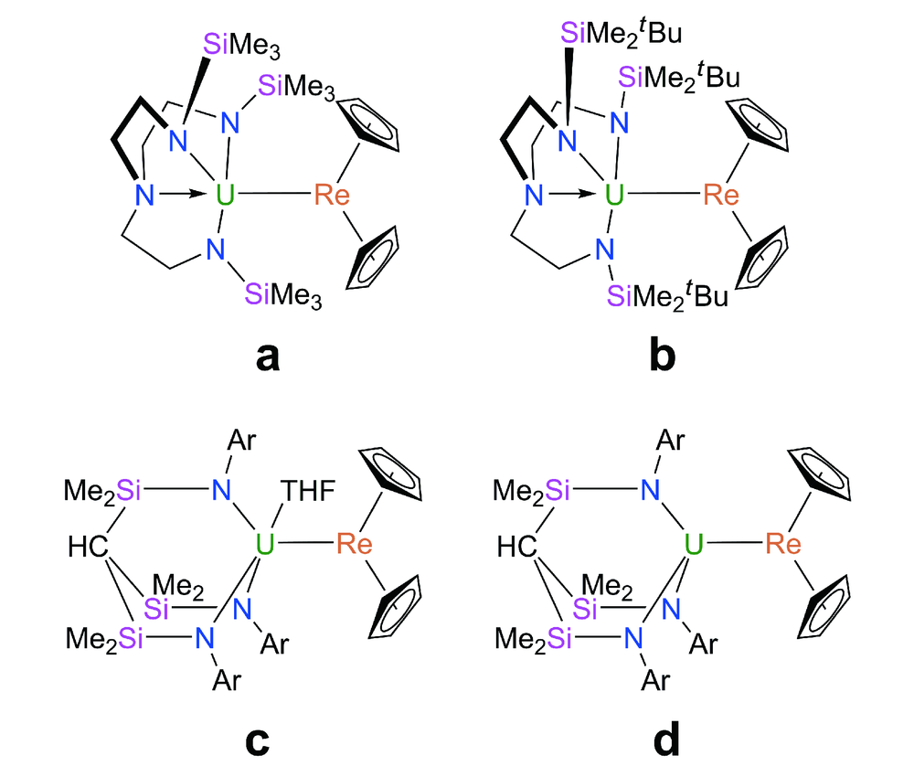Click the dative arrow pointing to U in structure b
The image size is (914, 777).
(578, 195)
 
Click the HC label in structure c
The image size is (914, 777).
(85, 548)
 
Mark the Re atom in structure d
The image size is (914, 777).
(783, 545)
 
